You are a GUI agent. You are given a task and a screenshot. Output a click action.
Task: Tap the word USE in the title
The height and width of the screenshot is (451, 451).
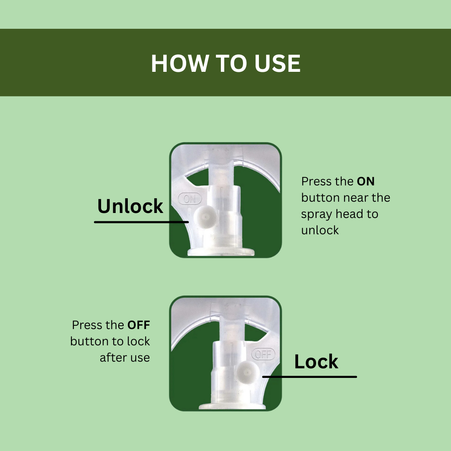pyautogui.click(x=277, y=63)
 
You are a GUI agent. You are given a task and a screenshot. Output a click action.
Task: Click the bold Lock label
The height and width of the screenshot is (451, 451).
pyautogui.click(x=316, y=361)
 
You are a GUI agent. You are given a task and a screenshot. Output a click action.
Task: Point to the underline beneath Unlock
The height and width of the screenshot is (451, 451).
pyautogui.click(x=141, y=222)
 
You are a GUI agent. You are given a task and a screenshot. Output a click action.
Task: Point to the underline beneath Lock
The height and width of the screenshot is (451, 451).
pyautogui.click(x=309, y=377)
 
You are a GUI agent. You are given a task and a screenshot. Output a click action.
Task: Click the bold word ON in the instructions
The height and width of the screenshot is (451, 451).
pyautogui.click(x=365, y=182)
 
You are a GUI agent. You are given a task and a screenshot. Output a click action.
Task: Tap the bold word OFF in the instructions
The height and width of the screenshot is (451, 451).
pyautogui.click(x=139, y=325)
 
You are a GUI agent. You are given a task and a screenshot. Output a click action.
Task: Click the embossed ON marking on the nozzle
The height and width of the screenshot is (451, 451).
pyautogui.click(x=190, y=199)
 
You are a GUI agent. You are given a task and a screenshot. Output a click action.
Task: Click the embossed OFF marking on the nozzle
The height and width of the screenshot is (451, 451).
pyautogui.click(x=263, y=354)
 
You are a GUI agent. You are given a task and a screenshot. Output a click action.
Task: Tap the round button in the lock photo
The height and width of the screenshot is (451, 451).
pyautogui.click(x=248, y=372)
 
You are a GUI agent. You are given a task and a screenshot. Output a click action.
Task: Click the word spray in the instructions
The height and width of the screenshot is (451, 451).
pyautogui.click(x=317, y=215)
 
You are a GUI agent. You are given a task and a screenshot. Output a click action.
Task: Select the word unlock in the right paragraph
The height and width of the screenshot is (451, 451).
pyautogui.click(x=320, y=230)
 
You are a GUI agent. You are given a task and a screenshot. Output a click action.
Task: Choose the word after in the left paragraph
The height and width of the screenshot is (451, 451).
pyautogui.click(x=113, y=357)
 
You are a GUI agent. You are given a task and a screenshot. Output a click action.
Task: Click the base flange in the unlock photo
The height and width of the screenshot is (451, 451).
pyautogui.click(x=221, y=252)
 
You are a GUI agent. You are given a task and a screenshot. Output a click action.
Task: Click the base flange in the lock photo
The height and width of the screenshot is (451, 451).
pyautogui.click(x=232, y=406)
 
